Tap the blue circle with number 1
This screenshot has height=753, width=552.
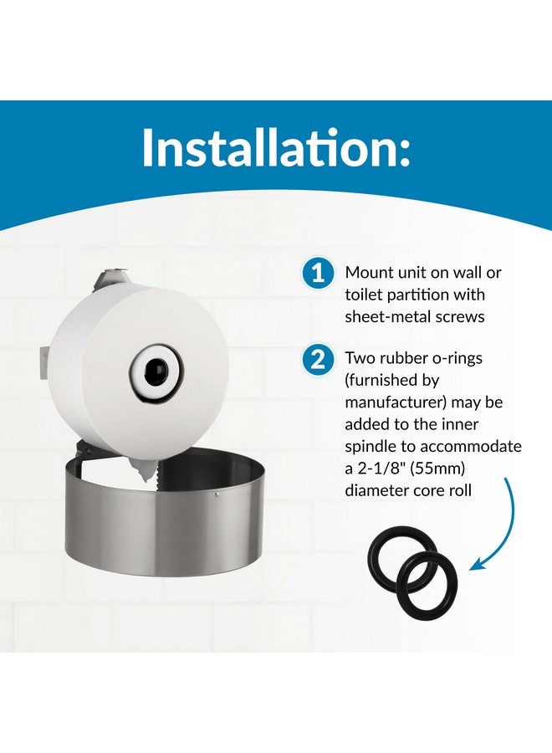tap(316, 274)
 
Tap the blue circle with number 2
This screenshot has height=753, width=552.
tap(316, 361)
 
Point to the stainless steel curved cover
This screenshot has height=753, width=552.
tap(159, 519)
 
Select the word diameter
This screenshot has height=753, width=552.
tap(377, 490)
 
